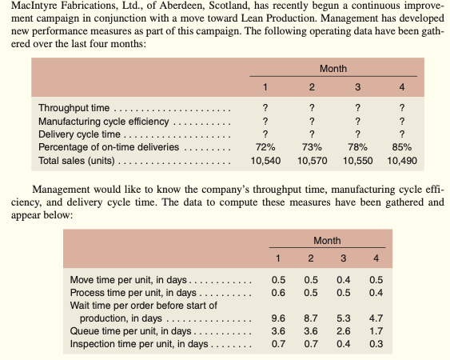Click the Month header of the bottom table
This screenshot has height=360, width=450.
[326, 240]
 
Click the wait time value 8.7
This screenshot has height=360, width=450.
[311, 318]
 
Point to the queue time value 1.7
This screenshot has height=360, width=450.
[375, 330]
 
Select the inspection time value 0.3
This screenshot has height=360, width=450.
[375, 344]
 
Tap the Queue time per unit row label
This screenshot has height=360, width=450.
[128, 330]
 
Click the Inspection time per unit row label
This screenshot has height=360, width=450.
[138, 344]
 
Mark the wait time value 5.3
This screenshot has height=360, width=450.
[343, 318]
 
